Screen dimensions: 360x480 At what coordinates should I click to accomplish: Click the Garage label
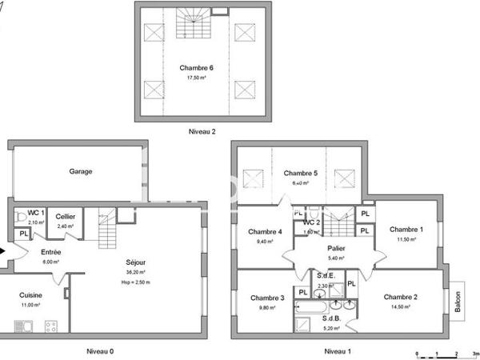click(x=80, y=171)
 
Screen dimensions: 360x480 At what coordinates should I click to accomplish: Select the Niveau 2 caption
click(x=202, y=131)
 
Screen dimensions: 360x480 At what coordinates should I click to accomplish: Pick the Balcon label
click(x=458, y=300)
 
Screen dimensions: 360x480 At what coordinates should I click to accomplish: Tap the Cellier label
click(x=65, y=217)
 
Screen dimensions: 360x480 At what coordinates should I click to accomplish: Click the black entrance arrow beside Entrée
click(x=4, y=251)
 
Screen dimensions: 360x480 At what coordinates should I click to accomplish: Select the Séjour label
click(x=136, y=262)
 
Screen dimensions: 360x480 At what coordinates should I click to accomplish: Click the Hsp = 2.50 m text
click(x=136, y=282)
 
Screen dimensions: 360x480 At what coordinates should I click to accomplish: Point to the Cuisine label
click(x=31, y=295)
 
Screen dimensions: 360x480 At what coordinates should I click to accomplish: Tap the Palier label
click(x=336, y=248)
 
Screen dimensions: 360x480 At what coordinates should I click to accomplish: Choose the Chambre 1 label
click(x=406, y=230)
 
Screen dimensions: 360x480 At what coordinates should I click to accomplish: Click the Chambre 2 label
click(x=400, y=296)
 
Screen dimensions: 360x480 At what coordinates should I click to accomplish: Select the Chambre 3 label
click(x=266, y=298)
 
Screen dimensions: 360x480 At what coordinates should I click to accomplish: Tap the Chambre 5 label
click(x=300, y=173)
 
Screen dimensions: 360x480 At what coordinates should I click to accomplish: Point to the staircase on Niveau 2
click(x=192, y=24)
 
